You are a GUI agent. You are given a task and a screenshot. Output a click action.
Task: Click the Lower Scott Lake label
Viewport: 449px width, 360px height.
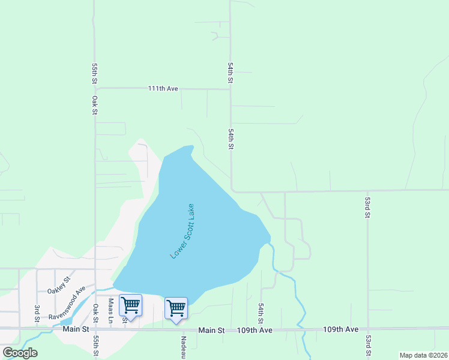point(182,230)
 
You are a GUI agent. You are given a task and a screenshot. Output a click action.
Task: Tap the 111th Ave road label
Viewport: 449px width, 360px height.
point(164,89)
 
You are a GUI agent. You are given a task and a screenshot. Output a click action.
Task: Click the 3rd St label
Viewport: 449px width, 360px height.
point(37,313)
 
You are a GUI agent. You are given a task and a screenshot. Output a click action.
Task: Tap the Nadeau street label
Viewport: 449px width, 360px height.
point(184,344)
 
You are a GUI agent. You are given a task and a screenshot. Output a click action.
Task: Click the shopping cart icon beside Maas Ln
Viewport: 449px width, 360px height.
point(130,305)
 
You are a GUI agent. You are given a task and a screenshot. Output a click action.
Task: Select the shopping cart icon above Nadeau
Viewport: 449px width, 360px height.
point(176,308)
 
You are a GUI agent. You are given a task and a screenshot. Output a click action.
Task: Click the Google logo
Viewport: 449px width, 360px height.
point(20,353)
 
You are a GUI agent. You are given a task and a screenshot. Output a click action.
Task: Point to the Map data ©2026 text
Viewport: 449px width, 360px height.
point(423,355)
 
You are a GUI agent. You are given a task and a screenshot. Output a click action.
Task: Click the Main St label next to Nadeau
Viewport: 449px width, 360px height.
point(211,330)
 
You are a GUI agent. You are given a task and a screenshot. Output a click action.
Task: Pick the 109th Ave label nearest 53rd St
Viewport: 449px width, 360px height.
point(340,329)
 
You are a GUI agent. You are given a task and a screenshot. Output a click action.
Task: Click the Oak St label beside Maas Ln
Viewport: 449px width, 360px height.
point(95,311)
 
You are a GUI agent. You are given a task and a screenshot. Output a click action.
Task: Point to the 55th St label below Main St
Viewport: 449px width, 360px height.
point(95,347)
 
